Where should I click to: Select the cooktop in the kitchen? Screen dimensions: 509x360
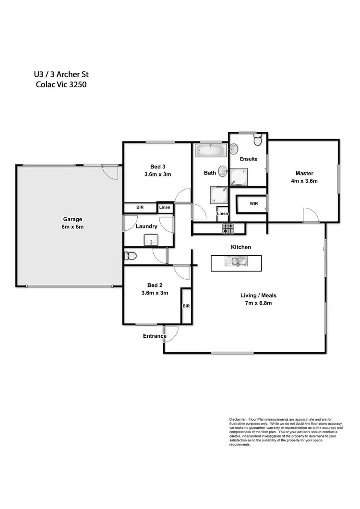(228, 228)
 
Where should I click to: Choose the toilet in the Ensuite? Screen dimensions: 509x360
(258, 140)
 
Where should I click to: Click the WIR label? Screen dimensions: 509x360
(254, 203)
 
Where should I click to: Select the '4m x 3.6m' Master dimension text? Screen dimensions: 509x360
(304, 181)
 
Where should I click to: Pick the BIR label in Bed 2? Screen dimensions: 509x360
(186, 306)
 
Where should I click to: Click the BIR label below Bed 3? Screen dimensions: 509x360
(140, 208)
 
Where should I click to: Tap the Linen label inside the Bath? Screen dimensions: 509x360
(222, 213)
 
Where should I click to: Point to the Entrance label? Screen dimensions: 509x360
(155, 336)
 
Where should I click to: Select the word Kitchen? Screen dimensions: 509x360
(240, 247)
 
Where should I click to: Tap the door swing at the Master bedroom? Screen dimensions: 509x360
(310, 214)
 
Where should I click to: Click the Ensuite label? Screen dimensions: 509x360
(249, 159)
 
